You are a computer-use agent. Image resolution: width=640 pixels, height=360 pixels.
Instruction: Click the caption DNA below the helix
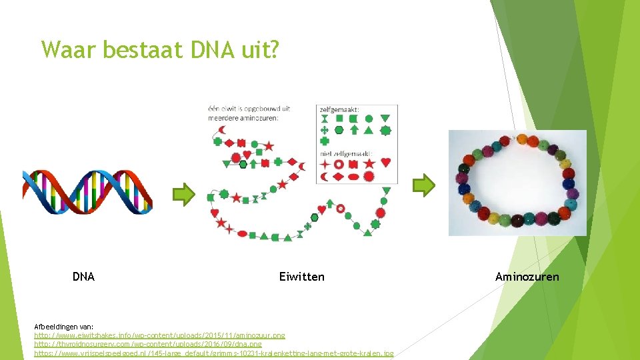point(83,277)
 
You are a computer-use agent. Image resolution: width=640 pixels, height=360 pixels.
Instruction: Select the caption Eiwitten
point(302,277)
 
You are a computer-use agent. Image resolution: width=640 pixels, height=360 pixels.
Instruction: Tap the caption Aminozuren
point(527,277)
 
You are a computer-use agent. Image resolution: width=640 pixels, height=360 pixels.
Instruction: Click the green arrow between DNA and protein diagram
point(184,194)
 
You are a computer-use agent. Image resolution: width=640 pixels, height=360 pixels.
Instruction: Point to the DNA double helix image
point(87,191)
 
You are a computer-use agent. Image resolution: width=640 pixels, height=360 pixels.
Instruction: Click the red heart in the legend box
point(385,163)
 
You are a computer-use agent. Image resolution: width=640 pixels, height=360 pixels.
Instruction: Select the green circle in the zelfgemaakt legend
point(369,119)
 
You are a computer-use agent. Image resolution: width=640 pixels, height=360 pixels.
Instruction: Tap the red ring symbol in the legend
point(339,163)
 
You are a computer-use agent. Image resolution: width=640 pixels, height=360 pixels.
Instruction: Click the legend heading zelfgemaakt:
point(340,109)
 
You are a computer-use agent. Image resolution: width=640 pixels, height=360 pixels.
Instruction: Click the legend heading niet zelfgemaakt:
point(346,153)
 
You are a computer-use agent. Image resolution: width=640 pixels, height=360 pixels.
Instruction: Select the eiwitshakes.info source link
point(159,335)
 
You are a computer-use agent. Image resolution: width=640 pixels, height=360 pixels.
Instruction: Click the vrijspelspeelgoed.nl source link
point(213,353)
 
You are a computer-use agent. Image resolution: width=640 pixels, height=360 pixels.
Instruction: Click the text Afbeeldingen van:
point(64,327)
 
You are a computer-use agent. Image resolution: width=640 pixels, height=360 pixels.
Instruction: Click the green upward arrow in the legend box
point(354,130)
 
